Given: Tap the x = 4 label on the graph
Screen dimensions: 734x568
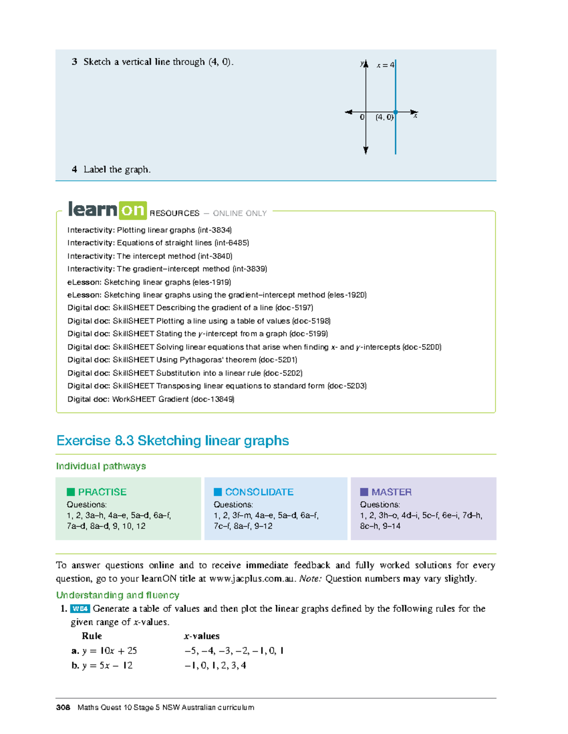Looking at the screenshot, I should [x=385, y=65].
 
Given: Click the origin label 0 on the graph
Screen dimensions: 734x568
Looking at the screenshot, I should [x=362, y=117].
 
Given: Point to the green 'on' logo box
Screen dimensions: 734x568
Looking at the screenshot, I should [x=133, y=210].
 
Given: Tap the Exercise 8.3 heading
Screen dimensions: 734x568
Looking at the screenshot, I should [x=172, y=440].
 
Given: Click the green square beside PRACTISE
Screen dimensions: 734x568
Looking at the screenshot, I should [x=71, y=492].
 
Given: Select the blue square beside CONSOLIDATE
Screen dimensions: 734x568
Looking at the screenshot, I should [x=218, y=492].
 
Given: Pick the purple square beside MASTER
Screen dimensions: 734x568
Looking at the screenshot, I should [x=364, y=492].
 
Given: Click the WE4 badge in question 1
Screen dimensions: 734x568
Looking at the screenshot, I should [x=80, y=609].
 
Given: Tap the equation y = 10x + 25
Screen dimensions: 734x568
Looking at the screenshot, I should [x=109, y=651].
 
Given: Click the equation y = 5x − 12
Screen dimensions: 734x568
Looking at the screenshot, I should [x=107, y=665].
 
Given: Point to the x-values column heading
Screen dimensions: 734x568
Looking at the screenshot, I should [x=202, y=636].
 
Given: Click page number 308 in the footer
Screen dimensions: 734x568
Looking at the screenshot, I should [x=63, y=707].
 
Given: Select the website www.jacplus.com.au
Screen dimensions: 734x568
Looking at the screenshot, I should [x=252, y=579].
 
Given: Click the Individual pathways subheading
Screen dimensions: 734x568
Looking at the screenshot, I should [x=101, y=466].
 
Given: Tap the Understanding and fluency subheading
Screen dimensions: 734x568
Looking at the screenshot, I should [x=117, y=595].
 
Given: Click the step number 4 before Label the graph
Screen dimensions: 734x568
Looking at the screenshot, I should [x=74, y=170].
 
